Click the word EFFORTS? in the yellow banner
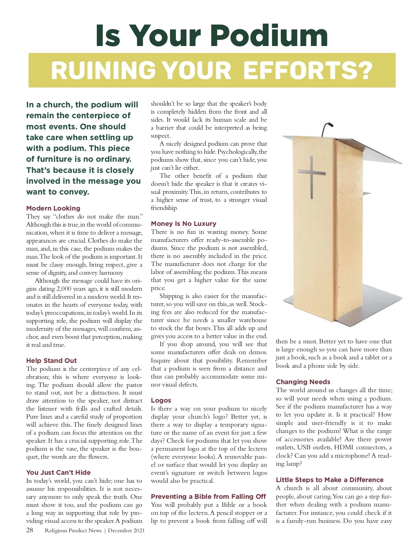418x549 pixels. pos(308,70)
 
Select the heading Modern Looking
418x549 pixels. pos(53,208)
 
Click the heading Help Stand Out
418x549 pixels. pos(52,360)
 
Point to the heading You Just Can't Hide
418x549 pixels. pos(59,472)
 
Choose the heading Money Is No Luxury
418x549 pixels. pos(184,223)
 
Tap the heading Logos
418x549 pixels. pos(161,400)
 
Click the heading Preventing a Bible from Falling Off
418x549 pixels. pos(208,496)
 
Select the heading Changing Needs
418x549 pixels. pos(303,382)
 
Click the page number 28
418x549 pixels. pos(30,530)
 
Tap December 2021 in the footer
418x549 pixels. pos(126,531)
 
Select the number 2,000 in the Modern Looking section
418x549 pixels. pos(64,289)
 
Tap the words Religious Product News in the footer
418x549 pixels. pos(73,531)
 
